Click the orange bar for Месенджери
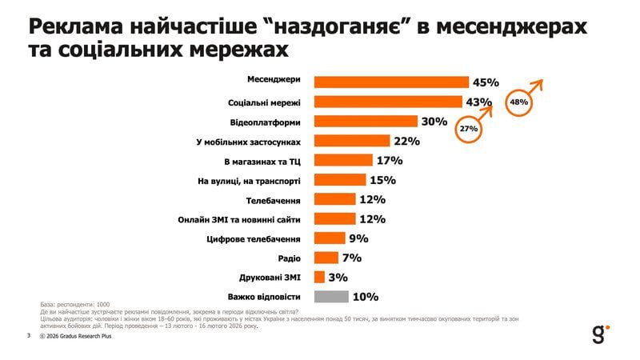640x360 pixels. pos(391,82)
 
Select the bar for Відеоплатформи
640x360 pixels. pos(366,122)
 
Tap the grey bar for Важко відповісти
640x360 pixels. pos(331,297)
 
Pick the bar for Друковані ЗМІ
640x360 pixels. pos(319,277)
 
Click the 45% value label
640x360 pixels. pos(486,82)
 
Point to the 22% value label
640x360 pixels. pos(406,141)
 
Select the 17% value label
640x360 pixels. pos(389,160)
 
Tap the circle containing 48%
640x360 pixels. pos(518,102)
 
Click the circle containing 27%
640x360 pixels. pos(468,130)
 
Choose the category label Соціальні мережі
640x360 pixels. pos(264,102)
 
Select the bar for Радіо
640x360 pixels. pos(326,258)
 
